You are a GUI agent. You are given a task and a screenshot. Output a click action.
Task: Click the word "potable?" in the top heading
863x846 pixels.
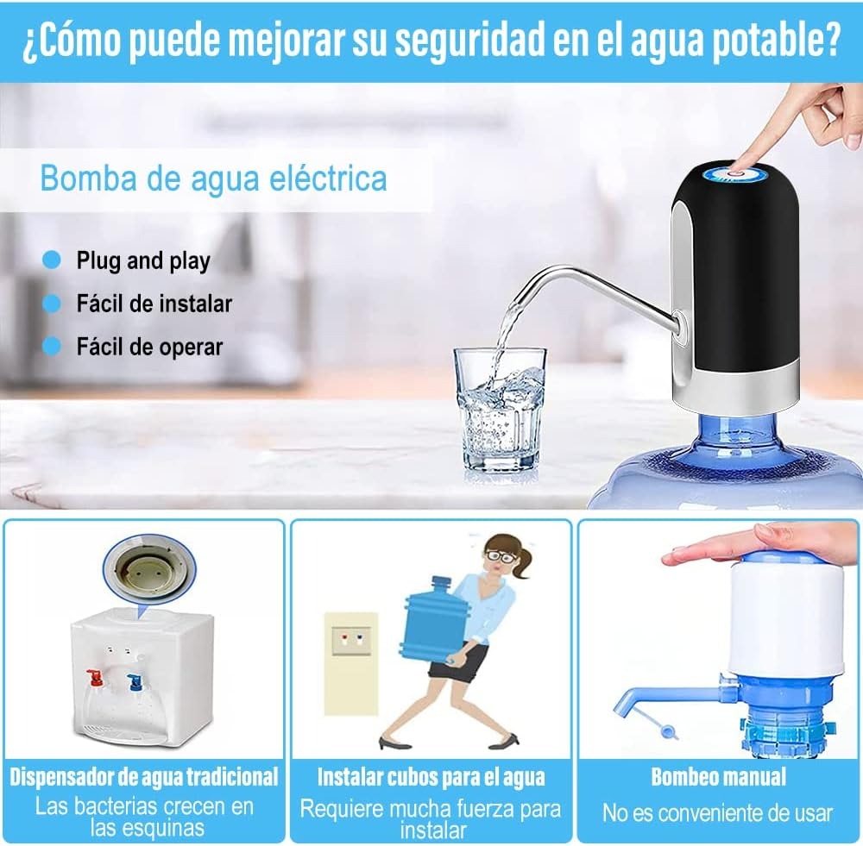777,41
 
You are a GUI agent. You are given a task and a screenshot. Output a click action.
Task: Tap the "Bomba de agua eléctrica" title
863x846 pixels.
213,179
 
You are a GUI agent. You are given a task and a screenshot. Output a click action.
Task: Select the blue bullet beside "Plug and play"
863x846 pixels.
52,260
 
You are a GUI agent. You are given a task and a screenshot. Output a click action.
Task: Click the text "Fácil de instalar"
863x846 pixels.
154,304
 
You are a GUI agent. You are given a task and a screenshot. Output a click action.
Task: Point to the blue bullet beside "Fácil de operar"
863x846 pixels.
52,346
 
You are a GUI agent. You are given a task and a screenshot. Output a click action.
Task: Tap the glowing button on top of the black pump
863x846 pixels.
734,175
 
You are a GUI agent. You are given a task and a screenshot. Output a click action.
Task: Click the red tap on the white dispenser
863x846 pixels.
95,677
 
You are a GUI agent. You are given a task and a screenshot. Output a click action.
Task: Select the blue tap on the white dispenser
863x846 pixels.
135,681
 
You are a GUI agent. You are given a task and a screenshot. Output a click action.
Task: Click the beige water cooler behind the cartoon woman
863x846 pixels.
351,663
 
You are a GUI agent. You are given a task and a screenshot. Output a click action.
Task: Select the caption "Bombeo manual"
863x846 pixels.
718,777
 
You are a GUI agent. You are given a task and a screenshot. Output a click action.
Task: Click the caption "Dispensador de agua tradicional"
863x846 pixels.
144,777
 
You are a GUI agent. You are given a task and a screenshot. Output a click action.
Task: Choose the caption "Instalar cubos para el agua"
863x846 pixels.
431,777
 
